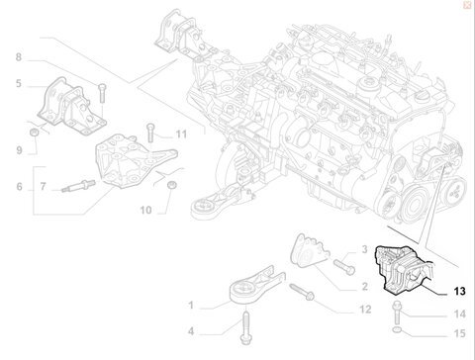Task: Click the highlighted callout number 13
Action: [459, 291]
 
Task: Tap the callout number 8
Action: [19, 57]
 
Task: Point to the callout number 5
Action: [19, 83]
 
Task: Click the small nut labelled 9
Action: [34, 133]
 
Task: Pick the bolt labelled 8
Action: [102, 93]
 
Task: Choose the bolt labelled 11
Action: [150, 133]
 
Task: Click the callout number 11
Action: [181, 135]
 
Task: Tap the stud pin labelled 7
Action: [78, 186]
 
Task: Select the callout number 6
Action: [20, 187]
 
